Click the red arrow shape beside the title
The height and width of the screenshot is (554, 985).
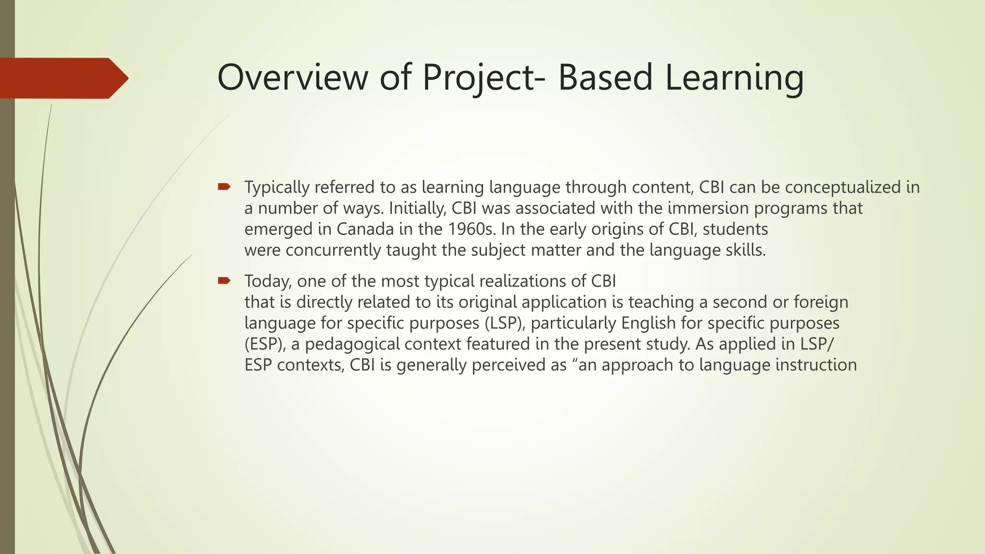pos(63,78)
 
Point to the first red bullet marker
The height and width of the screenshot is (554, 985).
pos(224,187)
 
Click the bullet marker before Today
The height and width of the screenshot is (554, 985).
pos(224,280)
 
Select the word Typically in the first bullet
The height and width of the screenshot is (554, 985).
pos(277,188)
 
